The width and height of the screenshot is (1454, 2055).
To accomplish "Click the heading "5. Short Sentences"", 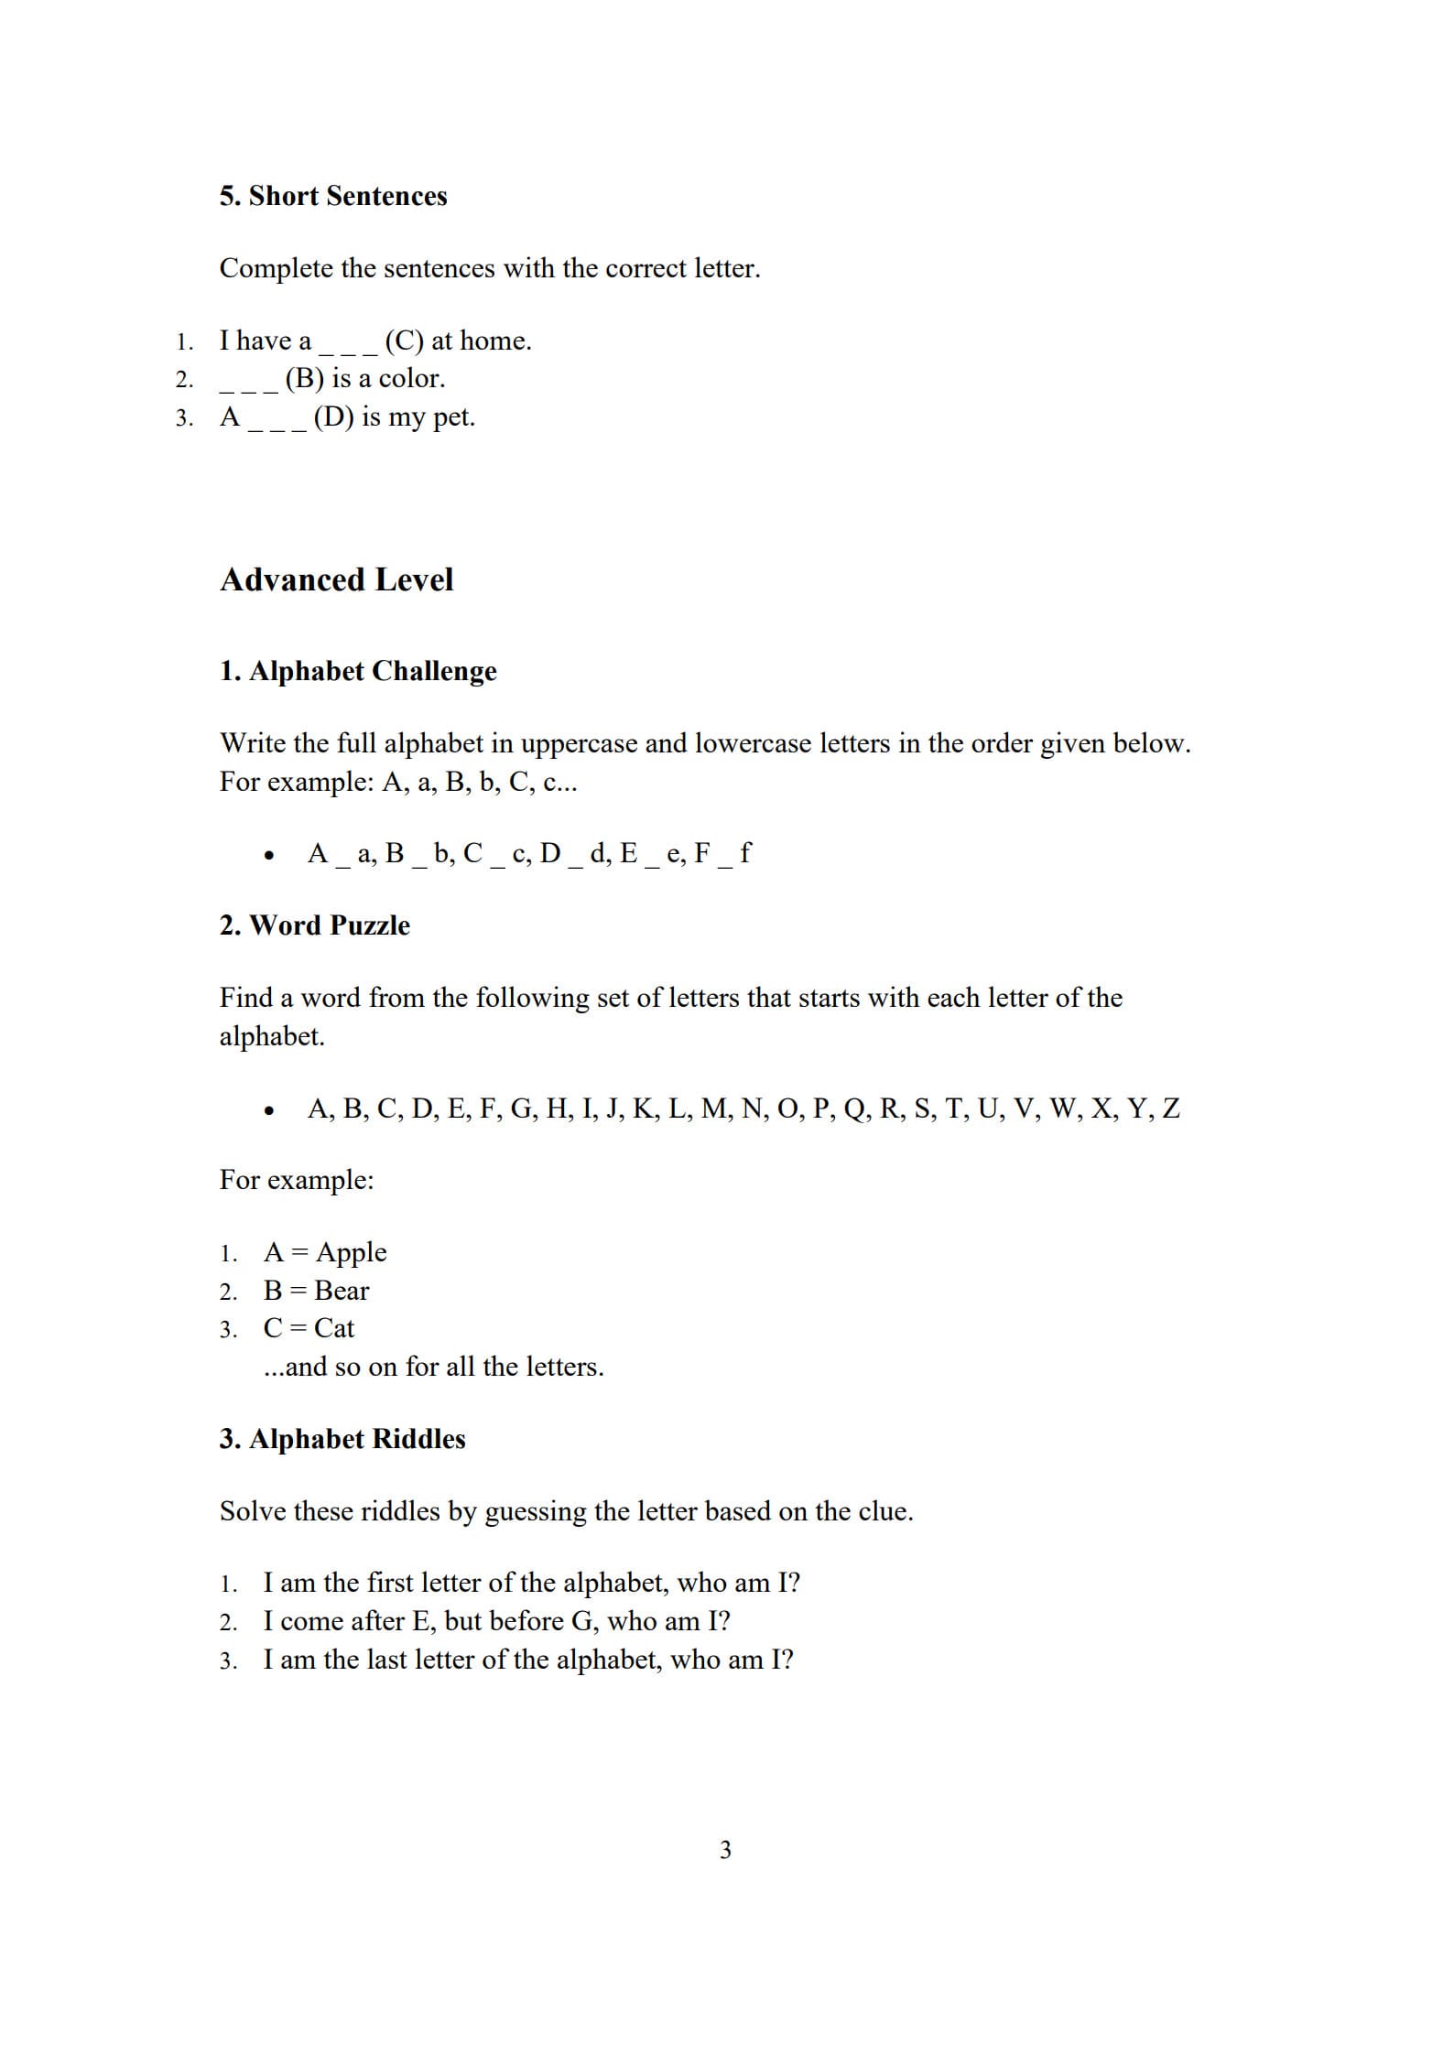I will [333, 196].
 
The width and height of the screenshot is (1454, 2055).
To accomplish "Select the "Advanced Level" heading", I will [336, 579].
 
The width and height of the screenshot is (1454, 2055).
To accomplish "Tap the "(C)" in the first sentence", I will [404, 341].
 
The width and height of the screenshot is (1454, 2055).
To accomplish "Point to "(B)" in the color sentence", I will [304, 378].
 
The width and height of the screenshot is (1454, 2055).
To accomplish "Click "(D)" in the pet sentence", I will [333, 416].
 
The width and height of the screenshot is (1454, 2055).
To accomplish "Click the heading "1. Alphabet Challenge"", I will [358, 671].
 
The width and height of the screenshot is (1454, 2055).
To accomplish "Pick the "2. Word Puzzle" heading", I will [314, 925].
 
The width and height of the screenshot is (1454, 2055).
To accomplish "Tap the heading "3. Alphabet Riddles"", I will [342, 1439].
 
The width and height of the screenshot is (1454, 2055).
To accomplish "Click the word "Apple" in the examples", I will [352, 1252].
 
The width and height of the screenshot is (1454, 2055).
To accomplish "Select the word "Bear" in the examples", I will [342, 1291].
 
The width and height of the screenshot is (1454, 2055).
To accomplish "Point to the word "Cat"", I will [334, 1328].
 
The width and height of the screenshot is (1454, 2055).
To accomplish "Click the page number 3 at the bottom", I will [726, 1850].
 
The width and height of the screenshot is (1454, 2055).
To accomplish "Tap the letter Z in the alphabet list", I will [1170, 1109].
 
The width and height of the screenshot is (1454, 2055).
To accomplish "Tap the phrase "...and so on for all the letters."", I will [434, 1367].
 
